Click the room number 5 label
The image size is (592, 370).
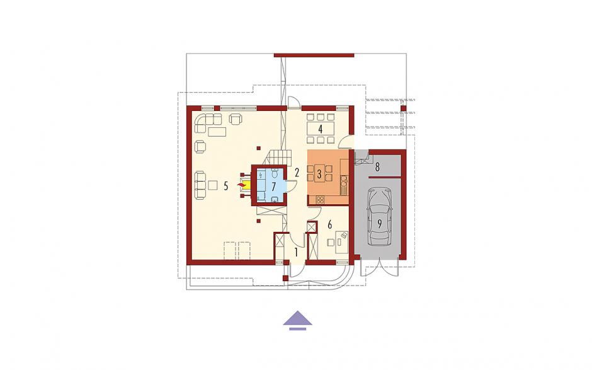click(x=225, y=186)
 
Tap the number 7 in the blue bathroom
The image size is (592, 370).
click(x=274, y=186)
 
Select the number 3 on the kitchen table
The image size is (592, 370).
click(x=319, y=175)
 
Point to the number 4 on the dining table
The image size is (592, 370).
click(x=320, y=129)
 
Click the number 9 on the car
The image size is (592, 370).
click(x=379, y=224)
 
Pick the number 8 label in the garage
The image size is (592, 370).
click(x=377, y=166)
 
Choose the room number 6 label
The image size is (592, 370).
click(x=329, y=225)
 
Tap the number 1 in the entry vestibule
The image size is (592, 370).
click(x=297, y=252)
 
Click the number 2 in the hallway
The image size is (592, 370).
click(x=297, y=173)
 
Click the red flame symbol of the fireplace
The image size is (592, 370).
click(x=240, y=185)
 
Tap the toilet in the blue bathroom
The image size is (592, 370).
click(x=275, y=173)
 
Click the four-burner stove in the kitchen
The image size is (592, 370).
click(x=320, y=200)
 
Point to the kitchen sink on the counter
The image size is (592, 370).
click(x=344, y=186)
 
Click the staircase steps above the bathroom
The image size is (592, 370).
click(x=280, y=157)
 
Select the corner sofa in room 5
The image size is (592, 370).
click(x=208, y=123)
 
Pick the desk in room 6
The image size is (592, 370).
click(x=342, y=242)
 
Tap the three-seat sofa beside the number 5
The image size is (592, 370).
click(x=200, y=185)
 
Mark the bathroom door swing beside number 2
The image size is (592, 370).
click(x=292, y=187)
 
